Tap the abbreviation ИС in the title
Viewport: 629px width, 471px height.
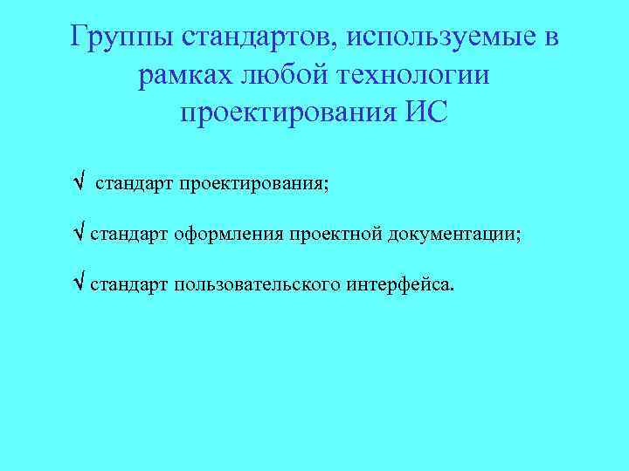(x=424, y=114)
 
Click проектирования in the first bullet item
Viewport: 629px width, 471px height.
(x=252, y=185)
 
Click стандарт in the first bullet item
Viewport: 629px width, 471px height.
(x=134, y=185)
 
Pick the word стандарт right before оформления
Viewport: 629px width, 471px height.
(x=128, y=235)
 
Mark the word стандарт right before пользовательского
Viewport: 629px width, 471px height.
(x=128, y=284)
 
